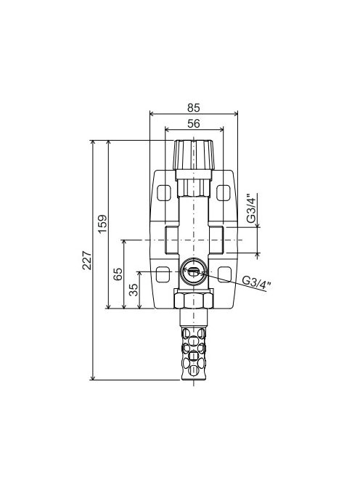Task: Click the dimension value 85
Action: pyautogui.click(x=193, y=107)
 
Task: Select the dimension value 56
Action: pyautogui.click(x=193, y=123)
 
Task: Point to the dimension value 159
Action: pyautogui.click(x=102, y=224)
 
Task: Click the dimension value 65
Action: pyautogui.click(x=118, y=274)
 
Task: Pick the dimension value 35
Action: pyautogui.click(x=134, y=290)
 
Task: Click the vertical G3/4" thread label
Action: pyautogui.click(x=250, y=208)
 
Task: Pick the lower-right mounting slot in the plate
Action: pyautogui.click(x=224, y=274)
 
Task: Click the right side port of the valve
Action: pyautogui.click(x=216, y=239)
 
